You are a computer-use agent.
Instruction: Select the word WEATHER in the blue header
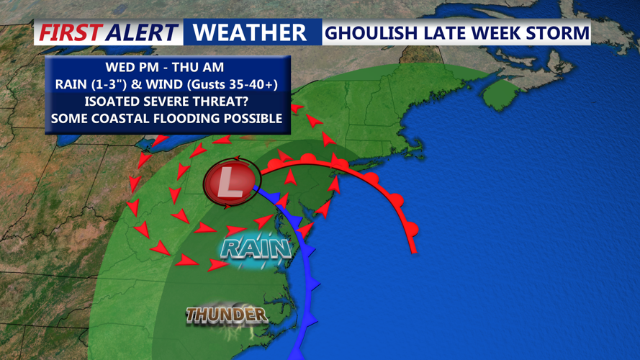250,32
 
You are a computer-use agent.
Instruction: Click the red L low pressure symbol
230,183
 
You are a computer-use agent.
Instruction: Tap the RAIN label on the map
256,248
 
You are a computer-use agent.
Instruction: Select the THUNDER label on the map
227,315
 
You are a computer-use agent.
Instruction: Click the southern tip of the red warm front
414,251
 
